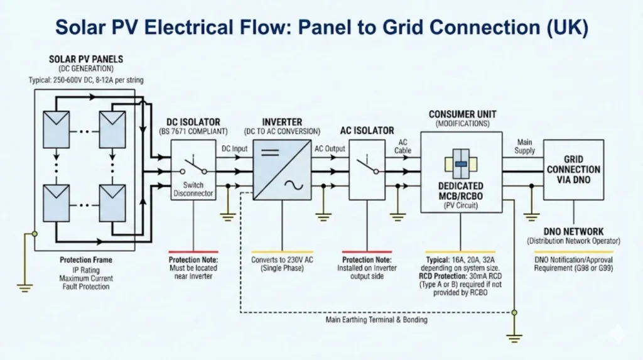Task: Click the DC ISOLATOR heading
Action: (x=194, y=121)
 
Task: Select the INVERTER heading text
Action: (x=282, y=121)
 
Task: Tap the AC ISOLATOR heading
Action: (x=367, y=130)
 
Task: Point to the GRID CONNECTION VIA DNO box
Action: (x=573, y=170)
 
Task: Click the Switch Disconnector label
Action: (x=193, y=189)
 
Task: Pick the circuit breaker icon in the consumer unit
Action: (x=461, y=163)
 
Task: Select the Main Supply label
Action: (x=525, y=146)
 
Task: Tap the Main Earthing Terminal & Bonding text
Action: (x=377, y=320)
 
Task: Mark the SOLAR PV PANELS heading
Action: (x=86, y=60)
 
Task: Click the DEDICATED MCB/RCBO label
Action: (x=461, y=190)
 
